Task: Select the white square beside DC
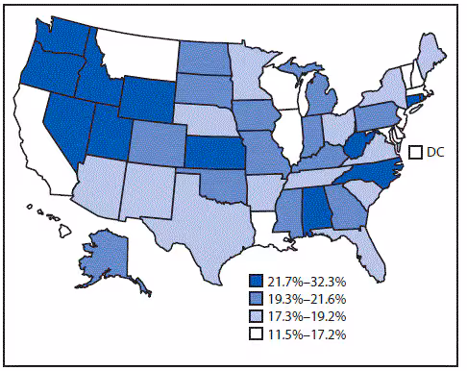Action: (417, 153)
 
